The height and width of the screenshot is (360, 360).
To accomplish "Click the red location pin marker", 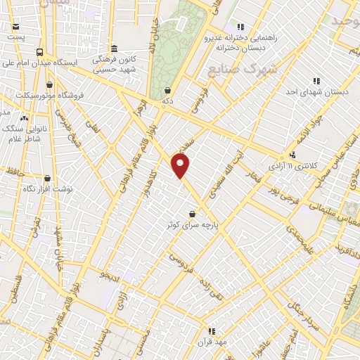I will point(181,165).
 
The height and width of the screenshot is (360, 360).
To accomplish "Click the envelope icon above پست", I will point(15,26).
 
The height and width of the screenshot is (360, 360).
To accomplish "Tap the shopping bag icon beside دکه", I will point(168,90).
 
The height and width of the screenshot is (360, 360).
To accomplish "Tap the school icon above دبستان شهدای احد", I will point(316,81).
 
